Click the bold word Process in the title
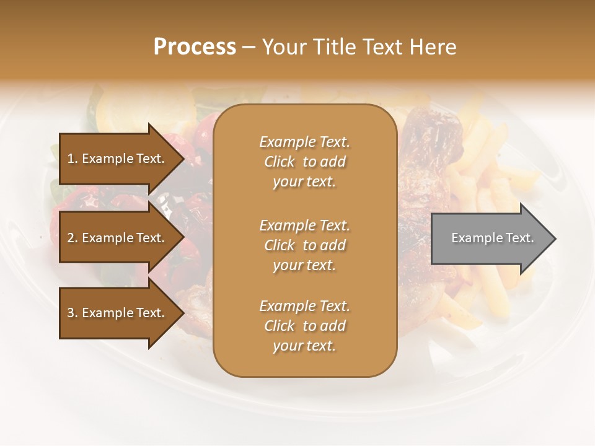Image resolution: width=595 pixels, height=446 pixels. coord(195,47)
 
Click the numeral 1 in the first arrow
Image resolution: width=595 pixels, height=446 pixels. coord(70,159)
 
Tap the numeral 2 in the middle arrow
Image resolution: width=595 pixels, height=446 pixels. coord(71,238)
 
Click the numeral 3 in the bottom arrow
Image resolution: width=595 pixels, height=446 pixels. coord(71,313)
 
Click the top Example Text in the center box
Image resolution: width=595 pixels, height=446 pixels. coord(304,142)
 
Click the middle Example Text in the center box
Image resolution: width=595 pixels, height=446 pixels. coord(304,225)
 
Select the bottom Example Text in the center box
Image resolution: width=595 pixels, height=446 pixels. coord(304,306)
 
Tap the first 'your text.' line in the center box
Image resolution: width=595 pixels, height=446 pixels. coord(304,182)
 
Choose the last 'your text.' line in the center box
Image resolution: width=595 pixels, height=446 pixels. coord(304,346)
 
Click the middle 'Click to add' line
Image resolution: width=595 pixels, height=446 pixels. coord(304,245)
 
